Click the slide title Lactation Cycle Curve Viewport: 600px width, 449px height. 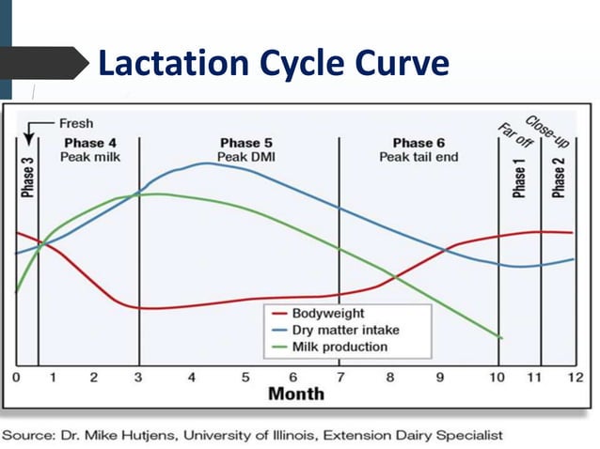(273, 63)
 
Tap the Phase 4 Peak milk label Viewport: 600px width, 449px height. (89, 149)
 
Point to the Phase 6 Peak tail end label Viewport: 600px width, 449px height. (418, 149)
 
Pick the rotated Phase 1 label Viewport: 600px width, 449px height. (520, 177)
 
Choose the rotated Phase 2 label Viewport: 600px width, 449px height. (559, 177)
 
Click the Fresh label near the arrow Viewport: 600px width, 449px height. (75, 123)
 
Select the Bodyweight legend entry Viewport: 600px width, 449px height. (327, 313)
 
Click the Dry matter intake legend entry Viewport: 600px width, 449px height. (345, 330)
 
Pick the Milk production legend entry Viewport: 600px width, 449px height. (339, 347)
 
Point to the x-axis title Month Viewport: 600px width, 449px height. (296, 393)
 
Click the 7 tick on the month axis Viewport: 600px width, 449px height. (340, 378)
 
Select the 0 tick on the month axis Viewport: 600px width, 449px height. (16, 378)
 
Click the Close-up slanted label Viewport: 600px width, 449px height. (541, 132)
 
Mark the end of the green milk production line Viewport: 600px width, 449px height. (501, 338)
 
